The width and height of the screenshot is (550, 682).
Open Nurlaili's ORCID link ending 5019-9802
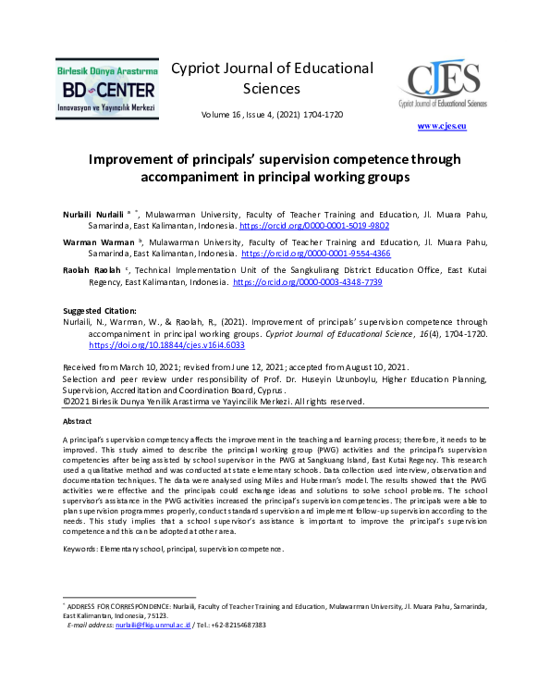pos(301,225)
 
